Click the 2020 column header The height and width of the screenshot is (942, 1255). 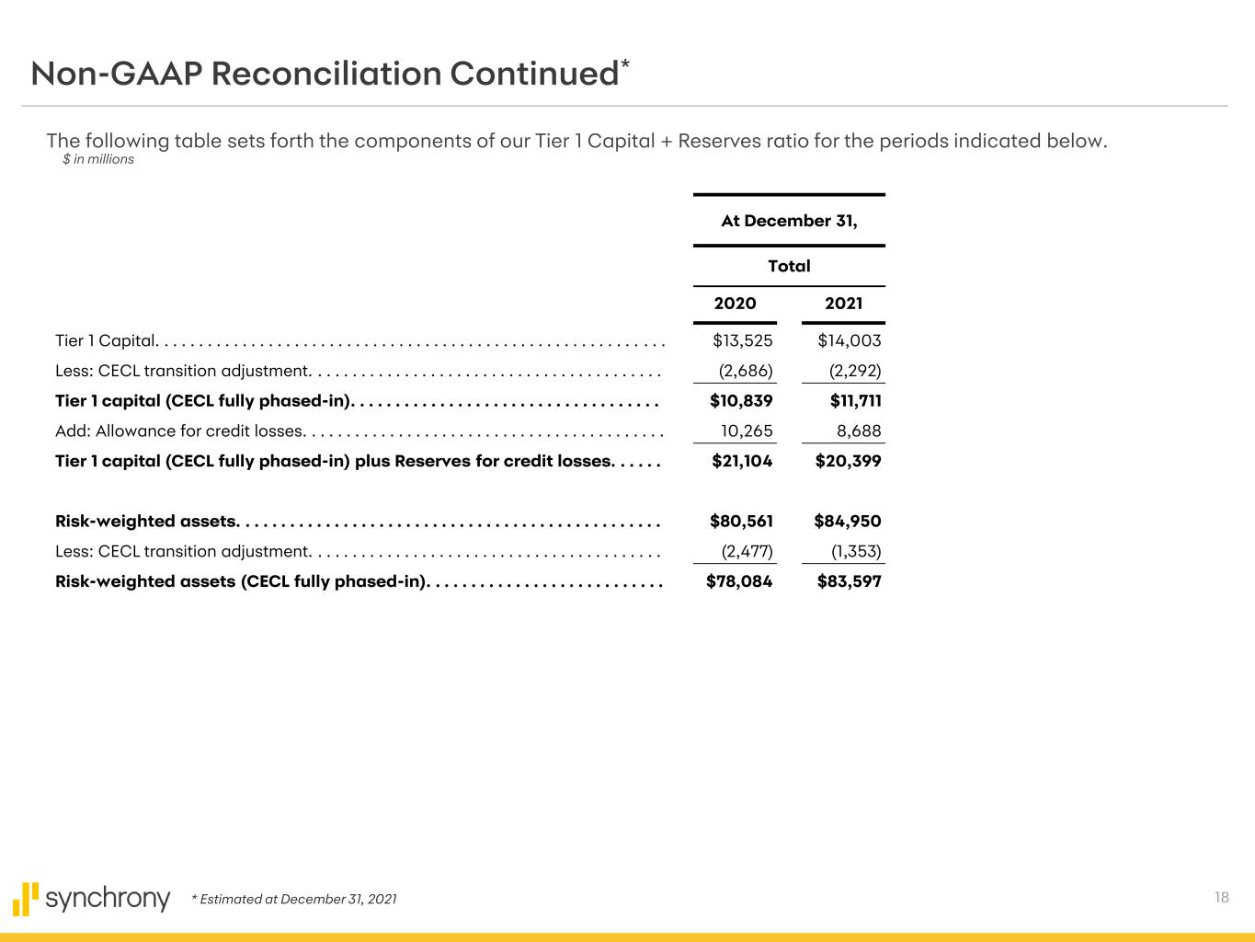[735, 304]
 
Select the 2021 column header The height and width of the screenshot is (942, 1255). [843, 304]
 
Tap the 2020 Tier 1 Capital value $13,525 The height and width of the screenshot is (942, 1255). [742, 340]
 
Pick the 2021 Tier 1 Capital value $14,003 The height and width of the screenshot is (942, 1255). [849, 340]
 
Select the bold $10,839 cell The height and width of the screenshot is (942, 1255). [741, 400]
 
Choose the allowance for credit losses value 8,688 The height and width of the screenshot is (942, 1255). [859, 431]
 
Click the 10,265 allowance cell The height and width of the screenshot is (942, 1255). [747, 431]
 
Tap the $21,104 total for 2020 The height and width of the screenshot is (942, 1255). [742, 461]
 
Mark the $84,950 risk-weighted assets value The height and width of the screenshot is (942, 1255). [847, 522]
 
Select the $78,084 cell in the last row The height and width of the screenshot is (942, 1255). [739, 581]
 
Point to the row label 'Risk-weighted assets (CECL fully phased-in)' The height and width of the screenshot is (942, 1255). [241, 581]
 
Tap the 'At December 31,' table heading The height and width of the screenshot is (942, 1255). [789, 221]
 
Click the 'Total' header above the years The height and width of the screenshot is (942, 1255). [789, 266]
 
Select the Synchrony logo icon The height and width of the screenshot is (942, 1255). [26, 899]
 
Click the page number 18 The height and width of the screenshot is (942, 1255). [1221, 898]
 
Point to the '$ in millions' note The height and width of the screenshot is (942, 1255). [98, 159]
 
